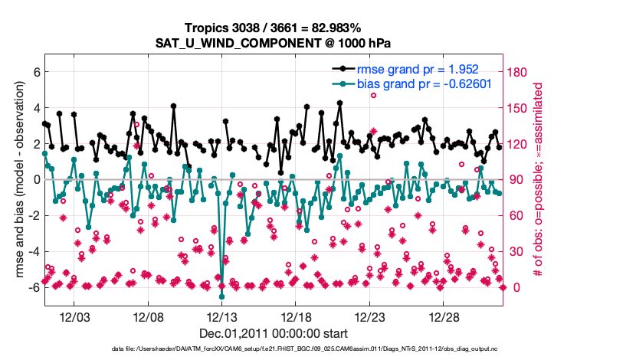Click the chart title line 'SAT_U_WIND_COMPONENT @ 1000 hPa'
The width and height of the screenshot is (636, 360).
tap(274, 43)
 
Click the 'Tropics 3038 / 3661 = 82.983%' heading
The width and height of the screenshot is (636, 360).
tap(274, 28)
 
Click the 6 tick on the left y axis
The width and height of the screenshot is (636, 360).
tap(35, 72)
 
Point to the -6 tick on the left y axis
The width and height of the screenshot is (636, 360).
tap(33, 288)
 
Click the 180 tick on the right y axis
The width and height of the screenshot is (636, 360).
tap(520, 72)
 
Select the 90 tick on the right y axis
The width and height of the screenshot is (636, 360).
tap(516, 180)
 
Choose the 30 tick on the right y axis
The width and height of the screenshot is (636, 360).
tap(516, 252)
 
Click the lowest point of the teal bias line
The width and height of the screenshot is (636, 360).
tap(221, 296)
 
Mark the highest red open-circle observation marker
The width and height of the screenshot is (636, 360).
tap(373, 95)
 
